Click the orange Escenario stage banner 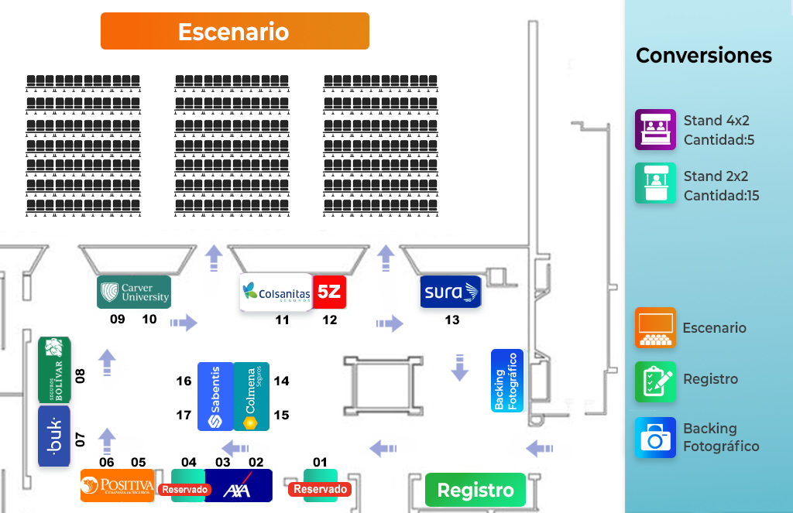[x=235, y=31]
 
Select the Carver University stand [x=134, y=292]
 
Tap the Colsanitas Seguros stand [x=276, y=292]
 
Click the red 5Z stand [x=329, y=292]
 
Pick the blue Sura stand [x=451, y=292]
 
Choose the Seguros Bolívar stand [x=55, y=369]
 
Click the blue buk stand [x=54, y=436]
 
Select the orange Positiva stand [x=118, y=485]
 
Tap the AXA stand [x=239, y=485]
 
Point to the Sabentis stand [x=215, y=396]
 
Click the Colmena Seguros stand [x=252, y=396]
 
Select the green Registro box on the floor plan [x=475, y=490]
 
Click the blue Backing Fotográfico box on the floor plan [x=507, y=381]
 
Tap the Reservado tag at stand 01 [x=320, y=489]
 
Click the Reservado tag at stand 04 [x=185, y=489]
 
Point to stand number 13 [x=452, y=320]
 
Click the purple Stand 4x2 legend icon [x=655, y=129]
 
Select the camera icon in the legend [x=655, y=438]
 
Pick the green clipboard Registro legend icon [x=655, y=382]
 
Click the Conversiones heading [x=704, y=55]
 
